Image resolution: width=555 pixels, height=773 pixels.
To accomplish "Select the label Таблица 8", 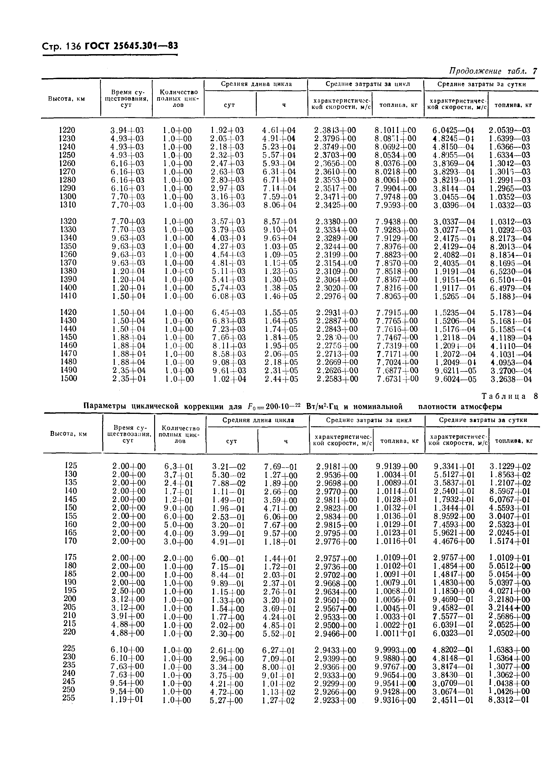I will pyautogui.click(x=509, y=396).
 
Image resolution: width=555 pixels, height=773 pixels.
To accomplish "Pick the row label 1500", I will pyautogui.click(x=69, y=378).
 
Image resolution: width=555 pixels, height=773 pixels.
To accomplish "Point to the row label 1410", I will pyautogui.click(x=68, y=295).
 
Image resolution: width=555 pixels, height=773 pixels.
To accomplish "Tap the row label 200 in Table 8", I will pyautogui.click(x=70, y=598).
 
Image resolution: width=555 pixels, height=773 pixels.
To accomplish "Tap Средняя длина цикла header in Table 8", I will pyautogui.click(x=258, y=420).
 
